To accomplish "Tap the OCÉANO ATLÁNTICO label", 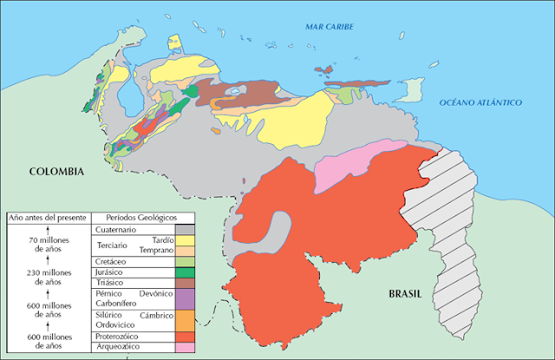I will coord(480,102).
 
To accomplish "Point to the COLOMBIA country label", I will coord(56,172).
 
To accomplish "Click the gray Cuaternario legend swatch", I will coord(186,230).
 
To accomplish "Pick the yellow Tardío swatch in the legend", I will coord(186,240).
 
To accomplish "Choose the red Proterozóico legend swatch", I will coord(186,336).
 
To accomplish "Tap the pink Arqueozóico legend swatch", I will coord(186,347).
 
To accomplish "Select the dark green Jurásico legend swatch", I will coord(186,272).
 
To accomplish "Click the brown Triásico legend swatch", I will coord(186,283).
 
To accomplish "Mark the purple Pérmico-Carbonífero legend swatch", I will coord(186,299).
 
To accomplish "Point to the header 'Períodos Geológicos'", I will coord(140,217).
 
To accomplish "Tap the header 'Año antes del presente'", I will coord(47,217).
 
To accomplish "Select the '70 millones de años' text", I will coord(47,243).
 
